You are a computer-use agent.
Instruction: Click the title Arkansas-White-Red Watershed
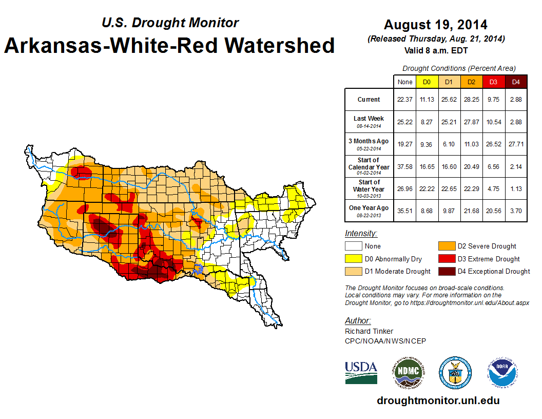click(169, 45)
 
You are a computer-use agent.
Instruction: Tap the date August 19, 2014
click(436, 25)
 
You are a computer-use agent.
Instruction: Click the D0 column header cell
click(427, 82)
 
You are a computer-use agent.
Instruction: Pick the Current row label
click(369, 100)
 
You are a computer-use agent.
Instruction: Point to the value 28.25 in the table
click(471, 100)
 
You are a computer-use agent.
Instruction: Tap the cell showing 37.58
click(404, 167)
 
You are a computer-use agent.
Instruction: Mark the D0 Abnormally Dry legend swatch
click(353, 259)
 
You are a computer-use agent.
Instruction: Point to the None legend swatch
click(353, 246)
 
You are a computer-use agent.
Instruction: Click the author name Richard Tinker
click(369, 331)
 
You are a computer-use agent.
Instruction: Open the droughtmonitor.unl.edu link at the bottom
click(438, 401)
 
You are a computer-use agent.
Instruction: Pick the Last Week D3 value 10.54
click(493, 122)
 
